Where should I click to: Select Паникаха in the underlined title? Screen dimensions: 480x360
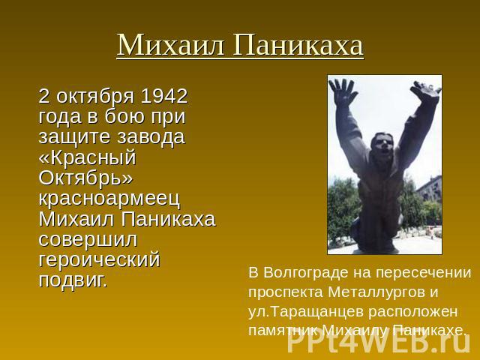(x=298, y=45)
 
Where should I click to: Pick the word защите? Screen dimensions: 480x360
(x=73, y=137)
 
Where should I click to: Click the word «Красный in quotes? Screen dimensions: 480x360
(x=87, y=157)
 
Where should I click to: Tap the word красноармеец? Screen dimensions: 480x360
(x=109, y=199)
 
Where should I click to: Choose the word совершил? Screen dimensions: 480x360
(x=88, y=240)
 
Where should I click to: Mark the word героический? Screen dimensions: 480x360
(x=100, y=260)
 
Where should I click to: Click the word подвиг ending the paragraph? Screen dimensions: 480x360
(x=73, y=280)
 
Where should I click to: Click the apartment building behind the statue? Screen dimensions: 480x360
(x=430, y=188)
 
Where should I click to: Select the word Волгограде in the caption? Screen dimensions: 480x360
(x=307, y=273)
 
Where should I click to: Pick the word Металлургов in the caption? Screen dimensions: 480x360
(x=374, y=292)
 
